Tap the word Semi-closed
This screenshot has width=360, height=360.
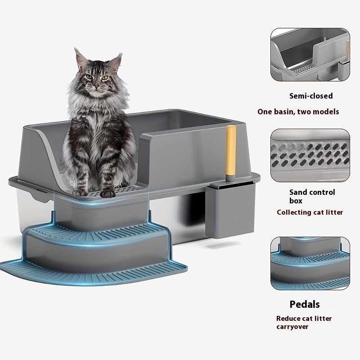(310, 96)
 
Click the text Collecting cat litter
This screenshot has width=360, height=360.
(310, 212)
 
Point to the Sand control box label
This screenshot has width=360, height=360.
(312, 196)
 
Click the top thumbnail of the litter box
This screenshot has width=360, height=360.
(310, 55)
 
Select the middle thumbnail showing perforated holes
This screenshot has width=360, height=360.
(310, 155)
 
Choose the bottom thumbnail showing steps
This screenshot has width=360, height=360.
(310, 263)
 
